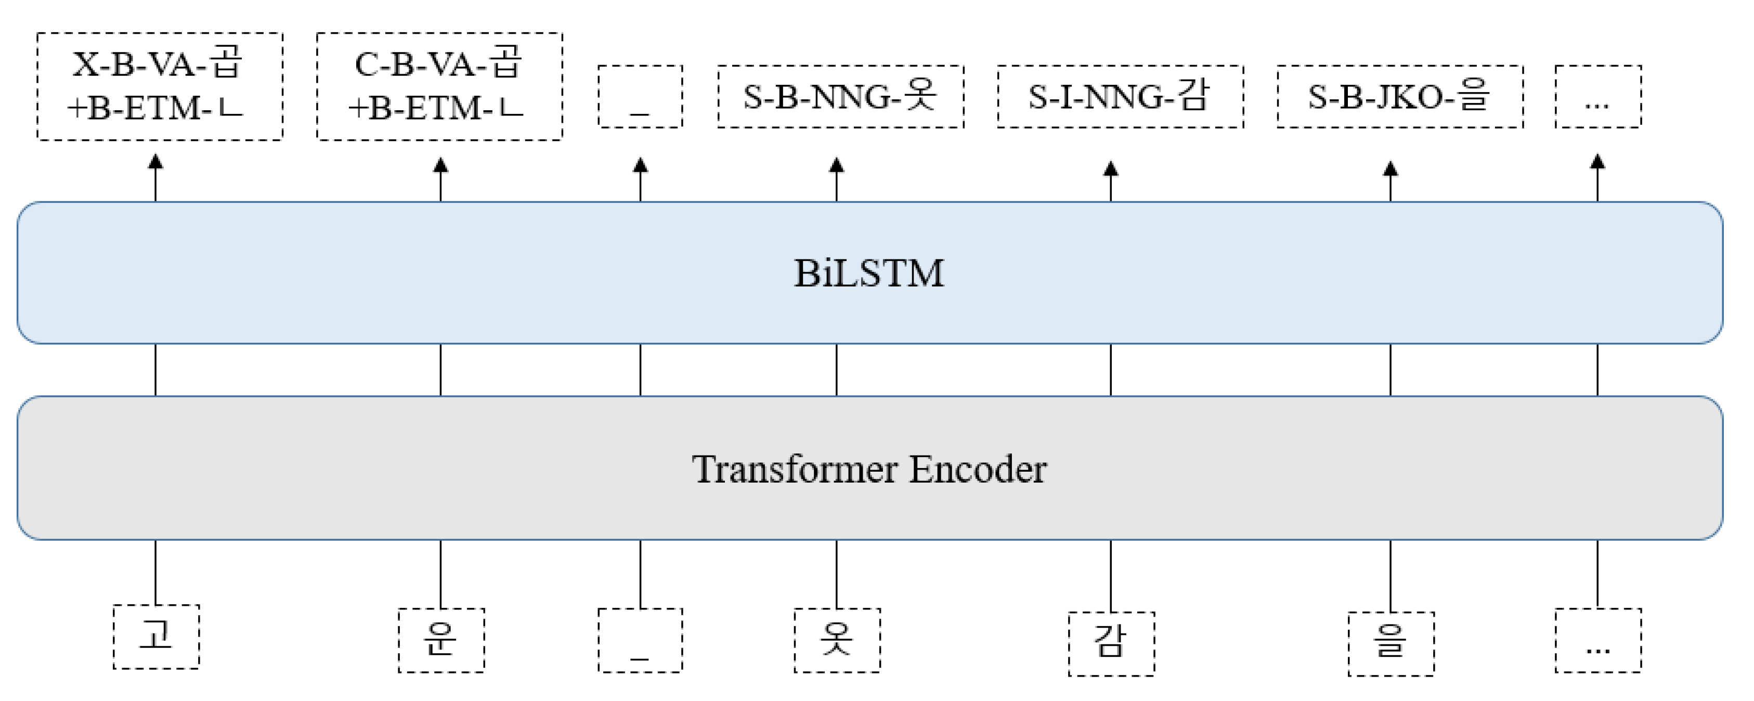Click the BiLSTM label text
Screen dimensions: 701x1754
click(x=869, y=273)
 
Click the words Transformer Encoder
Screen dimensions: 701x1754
click(x=869, y=470)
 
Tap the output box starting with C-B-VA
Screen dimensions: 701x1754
click(x=439, y=86)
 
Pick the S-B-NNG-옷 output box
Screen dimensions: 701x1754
click(x=840, y=97)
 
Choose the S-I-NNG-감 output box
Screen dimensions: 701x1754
click(x=1120, y=97)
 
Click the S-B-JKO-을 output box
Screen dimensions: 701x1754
click(x=1400, y=97)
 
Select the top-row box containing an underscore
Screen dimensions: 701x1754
click(x=640, y=97)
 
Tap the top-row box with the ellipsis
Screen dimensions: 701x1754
click(x=1597, y=97)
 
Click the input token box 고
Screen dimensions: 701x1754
click(x=156, y=637)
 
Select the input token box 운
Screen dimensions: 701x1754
click(x=441, y=640)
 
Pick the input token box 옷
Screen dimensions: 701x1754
click(x=837, y=640)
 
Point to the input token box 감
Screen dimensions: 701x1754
click(x=1111, y=644)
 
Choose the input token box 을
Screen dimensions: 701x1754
click(x=1391, y=644)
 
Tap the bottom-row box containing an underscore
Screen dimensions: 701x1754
click(x=640, y=640)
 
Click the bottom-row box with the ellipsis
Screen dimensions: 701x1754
click(x=1597, y=640)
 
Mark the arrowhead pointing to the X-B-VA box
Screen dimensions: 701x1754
click(x=156, y=162)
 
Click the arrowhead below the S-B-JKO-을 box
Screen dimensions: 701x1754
click(x=1391, y=169)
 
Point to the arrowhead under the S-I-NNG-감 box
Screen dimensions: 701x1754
click(x=1111, y=169)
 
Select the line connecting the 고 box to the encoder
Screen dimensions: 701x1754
click(x=156, y=572)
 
